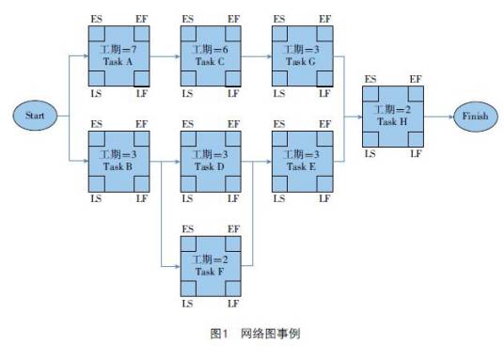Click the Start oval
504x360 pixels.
tap(35, 116)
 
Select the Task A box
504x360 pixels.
tap(118, 55)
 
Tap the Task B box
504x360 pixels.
tap(118, 161)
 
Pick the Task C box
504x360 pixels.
tap(211, 55)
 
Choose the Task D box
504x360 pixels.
tap(211, 161)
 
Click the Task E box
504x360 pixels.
tap(302, 161)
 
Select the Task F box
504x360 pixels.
tap(211, 266)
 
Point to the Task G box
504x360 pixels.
tap(302, 55)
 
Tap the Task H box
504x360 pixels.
tap(392, 116)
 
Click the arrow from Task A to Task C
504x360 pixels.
tap(165, 55)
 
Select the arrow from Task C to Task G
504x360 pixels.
tap(256, 55)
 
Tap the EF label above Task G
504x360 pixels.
tap(325, 18)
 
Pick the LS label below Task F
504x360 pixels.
tap(187, 304)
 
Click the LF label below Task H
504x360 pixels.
tap(416, 153)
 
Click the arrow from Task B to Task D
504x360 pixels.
tap(165, 161)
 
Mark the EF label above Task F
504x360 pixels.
tap(234, 228)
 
